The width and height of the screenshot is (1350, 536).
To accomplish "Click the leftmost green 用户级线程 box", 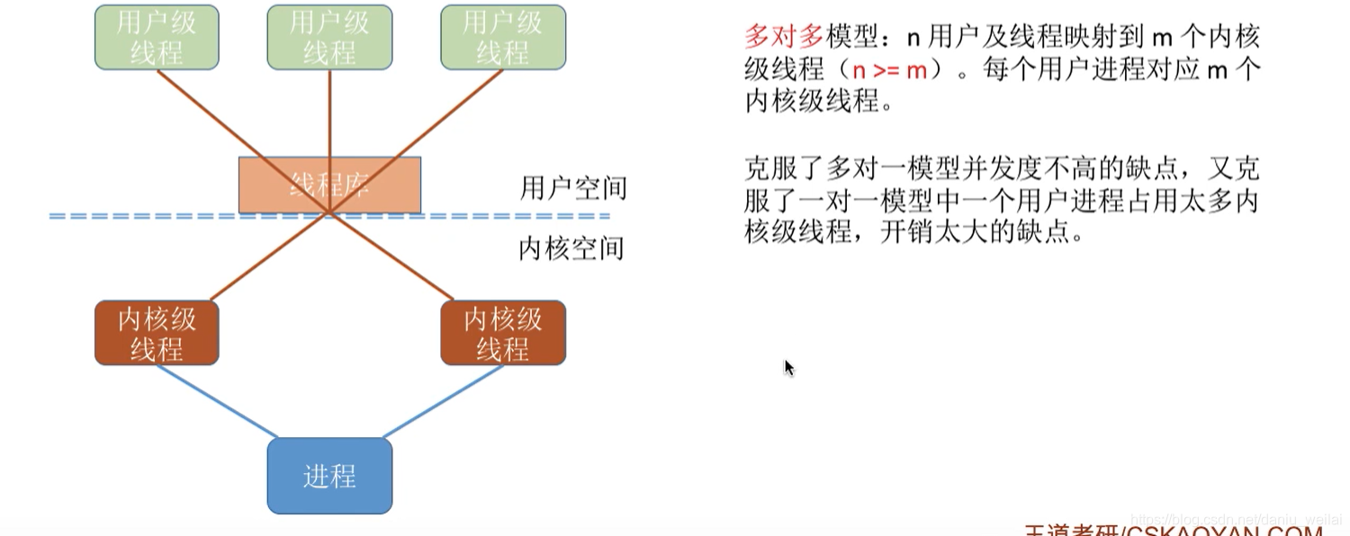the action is coord(157,38).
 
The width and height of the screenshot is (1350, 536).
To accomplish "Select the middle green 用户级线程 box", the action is coord(329,38).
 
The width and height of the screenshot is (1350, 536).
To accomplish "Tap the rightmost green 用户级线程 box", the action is coord(502,38).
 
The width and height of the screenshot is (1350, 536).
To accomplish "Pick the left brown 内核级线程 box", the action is coord(157,333).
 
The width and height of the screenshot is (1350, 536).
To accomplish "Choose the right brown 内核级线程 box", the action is coord(502,333).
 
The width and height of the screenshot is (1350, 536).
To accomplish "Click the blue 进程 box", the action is coord(329,476).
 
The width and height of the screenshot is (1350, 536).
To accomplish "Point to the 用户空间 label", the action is coord(573,188).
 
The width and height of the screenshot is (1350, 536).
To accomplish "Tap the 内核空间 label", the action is coord(571,247).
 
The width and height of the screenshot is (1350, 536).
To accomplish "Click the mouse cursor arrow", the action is coord(789,367).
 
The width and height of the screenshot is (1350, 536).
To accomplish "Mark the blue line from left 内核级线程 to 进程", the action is coord(216,402).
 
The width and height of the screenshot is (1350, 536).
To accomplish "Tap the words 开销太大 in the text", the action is coord(939,232).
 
